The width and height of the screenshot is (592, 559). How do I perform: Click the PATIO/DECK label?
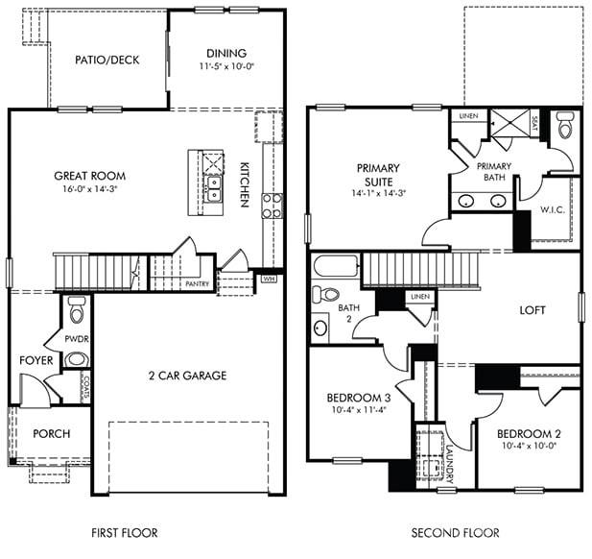click(x=107, y=60)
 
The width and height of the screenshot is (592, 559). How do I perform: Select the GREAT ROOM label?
click(x=90, y=176)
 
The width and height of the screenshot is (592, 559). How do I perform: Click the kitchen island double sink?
click(x=213, y=188)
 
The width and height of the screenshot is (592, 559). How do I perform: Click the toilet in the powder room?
click(x=77, y=308)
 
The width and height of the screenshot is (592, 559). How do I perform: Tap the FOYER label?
click(x=36, y=360)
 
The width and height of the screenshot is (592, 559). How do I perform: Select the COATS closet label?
click(x=85, y=386)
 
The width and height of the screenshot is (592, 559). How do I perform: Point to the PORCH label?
click(x=51, y=433)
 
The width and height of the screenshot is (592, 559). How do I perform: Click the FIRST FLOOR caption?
click(x=124, y=532)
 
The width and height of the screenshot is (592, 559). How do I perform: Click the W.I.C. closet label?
click(x=551, y=208)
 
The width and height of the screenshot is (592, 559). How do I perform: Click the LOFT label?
click(x=533, y=310)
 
